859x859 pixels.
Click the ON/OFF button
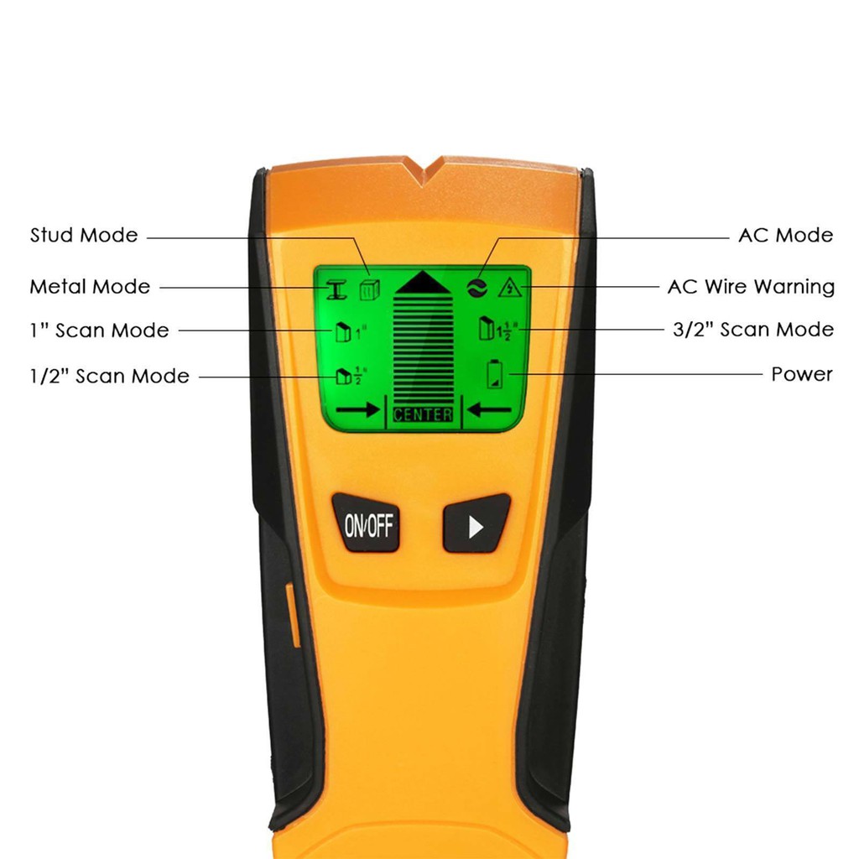tap(366, 526)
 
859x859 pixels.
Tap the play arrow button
tap(475, 525)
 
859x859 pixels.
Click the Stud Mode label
tap(84, 235)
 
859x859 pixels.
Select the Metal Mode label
tap(90, 287)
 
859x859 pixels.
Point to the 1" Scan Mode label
tap(99, 331)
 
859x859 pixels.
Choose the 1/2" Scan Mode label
tap(109, 376)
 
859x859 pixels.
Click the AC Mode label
tap(785, 236)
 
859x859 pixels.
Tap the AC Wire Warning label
tap(751, 287)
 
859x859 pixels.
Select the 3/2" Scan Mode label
tap(753, 330)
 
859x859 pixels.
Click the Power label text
tap(802, 374)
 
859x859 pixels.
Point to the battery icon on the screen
tap(496, 374)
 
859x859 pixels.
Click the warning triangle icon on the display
tap(507, 289)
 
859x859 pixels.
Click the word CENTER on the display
tap(423, 414)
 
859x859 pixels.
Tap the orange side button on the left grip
tap(294, 617)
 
